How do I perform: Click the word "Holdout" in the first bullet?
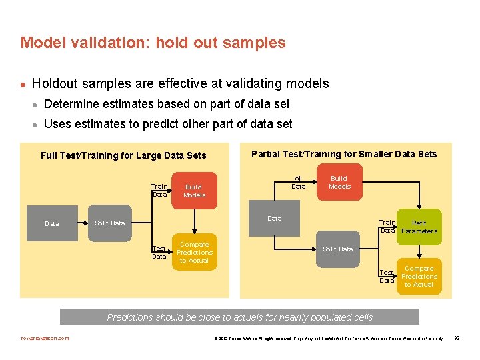[x=56, y=83]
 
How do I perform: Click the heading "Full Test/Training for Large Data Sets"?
[x=123, y=155]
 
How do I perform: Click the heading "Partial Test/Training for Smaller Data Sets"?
[x=343, y=154]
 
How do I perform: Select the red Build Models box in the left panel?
[x=194, y=191]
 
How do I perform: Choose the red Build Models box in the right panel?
[x=339, y=182]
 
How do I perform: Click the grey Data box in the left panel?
[x=51, y=223]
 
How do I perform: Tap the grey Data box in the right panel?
[x=274, y=218]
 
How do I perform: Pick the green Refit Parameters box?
[x=419, y=227]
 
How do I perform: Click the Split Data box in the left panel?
[x=109, y=223]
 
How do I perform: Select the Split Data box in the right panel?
[x=338, y=249]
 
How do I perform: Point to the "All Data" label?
[x=299, y=182]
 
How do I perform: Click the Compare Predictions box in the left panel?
[x=194, y=253]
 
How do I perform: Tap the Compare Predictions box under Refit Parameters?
[x=419, y=276]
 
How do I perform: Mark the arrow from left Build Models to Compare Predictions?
[x=194, y=220]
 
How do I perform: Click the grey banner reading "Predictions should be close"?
[x=239, y=317]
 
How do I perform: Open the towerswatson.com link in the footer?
[x=45, y=338]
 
